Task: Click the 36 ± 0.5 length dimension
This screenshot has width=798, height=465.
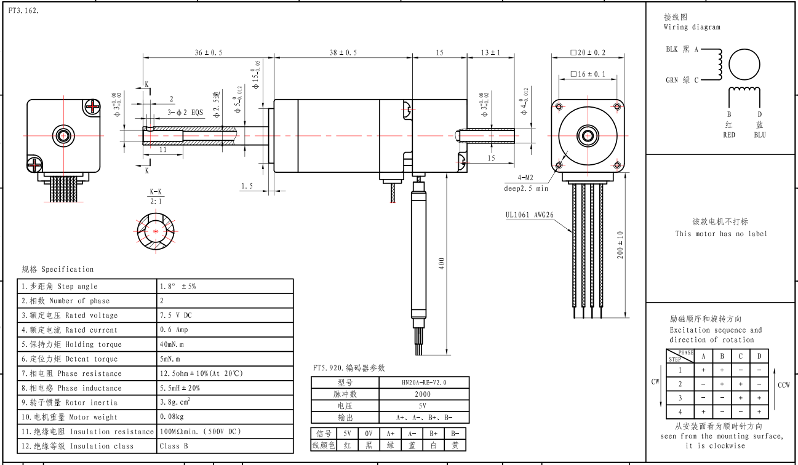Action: pyautogui.click(x=209, y=53)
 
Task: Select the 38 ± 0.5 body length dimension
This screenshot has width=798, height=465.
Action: pyautogui.click(x=343, y=53)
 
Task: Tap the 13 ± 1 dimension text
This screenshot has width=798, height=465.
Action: pyautogui.click(x=490, y=53)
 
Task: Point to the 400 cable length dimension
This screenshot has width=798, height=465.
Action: pyautogui.click(x=441, y=264)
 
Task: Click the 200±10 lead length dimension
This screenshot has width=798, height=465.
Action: pyautogui.click(x=621, y=245)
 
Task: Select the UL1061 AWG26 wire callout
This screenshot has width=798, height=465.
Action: pyautogui.click(x=529, y=215)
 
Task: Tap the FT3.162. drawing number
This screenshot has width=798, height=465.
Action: pyautogui.click(x=24, y=11)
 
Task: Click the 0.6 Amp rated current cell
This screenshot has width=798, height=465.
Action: pyautogui.click(x=174, y=330)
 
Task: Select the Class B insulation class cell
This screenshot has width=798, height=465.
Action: pyautogui.click(x=173, y=446)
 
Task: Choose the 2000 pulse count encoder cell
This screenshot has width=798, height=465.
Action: pyautogui.click(x=423, y=394)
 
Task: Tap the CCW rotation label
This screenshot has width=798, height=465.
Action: pyautogui.click(x=783, y=386)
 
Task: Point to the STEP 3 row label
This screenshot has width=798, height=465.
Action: pyautogui.click(x=680, y=398)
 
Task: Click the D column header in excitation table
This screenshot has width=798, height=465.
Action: pyautogui.click(x=759, y=356)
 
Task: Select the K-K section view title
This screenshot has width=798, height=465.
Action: pyautogui.click(x=156, y=192)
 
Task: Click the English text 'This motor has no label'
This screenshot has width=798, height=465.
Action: pyautogui.click(x=721, y=234)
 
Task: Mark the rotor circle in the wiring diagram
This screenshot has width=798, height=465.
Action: pyautogui.click(x=745, y=65)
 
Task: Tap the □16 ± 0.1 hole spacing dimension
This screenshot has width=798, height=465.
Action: pyautogui.click(x=588, y=74)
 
